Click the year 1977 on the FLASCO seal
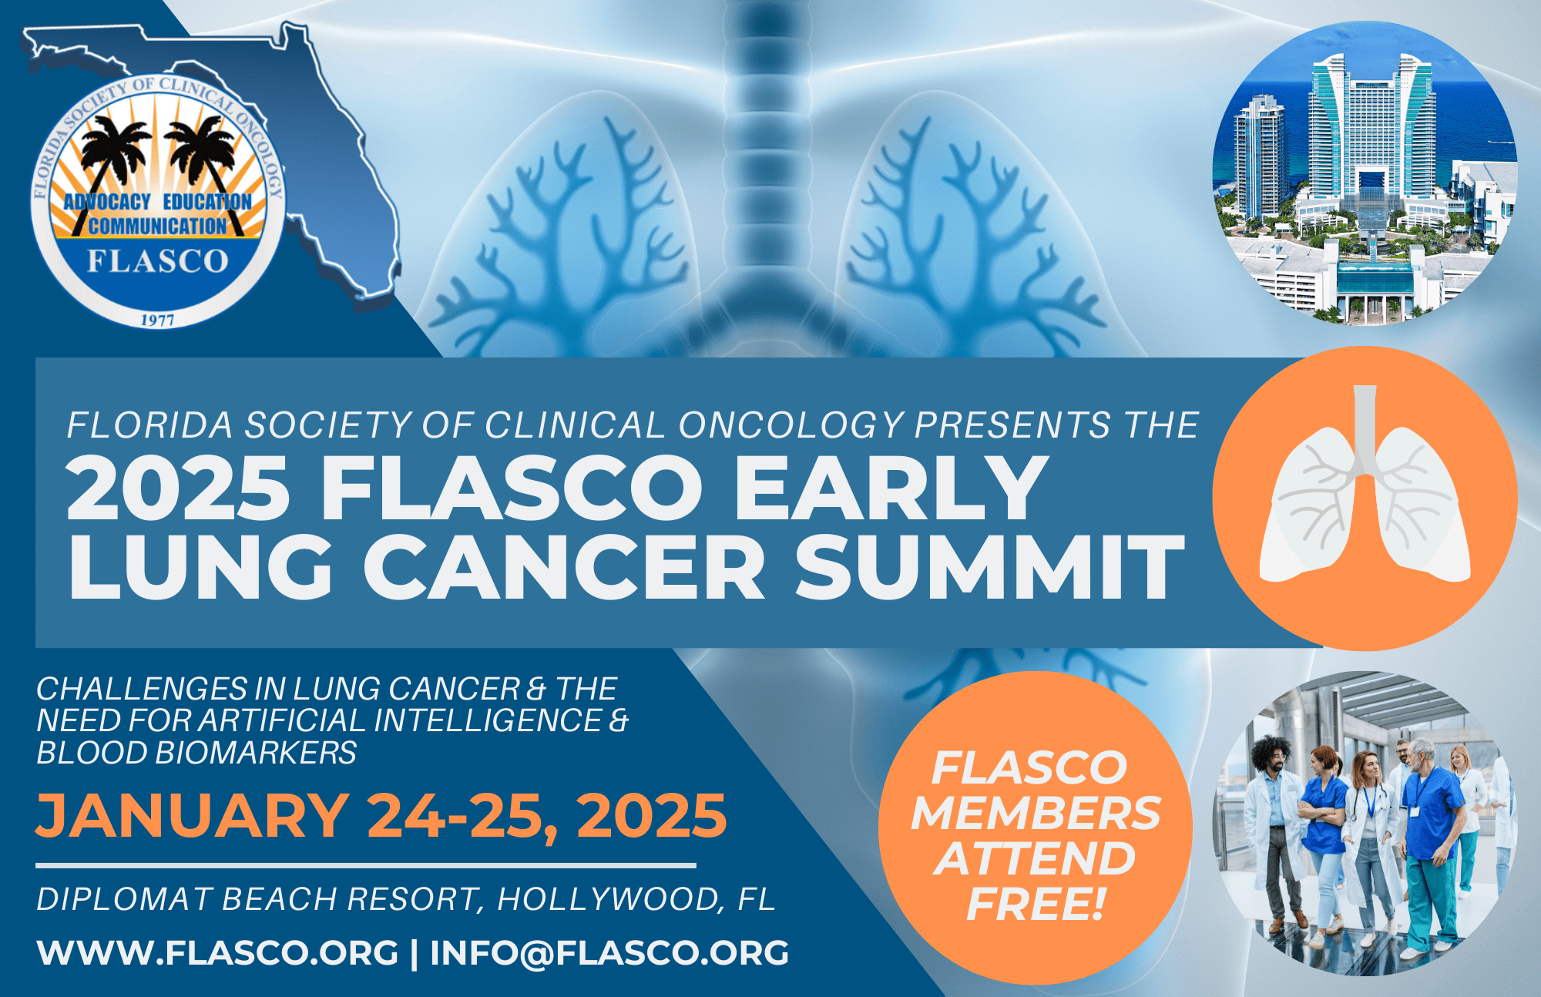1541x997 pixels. pyautogui.click(x=157, y=320)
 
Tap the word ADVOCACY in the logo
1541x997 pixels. pyautogui.click(x=107, y=202)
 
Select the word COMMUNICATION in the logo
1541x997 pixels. pyautogui.click(x=158, y=226)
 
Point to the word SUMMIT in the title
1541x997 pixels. pyautogui.click(x=989, y=567)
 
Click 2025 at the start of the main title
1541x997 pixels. pyautogui.click(x=178, y=488)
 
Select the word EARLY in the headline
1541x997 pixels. pyautogui.click(x=890, y=488)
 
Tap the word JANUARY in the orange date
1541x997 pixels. pyautogui.click(x=192, y=815)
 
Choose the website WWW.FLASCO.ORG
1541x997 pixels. pyautogui.click(x=217, y=953)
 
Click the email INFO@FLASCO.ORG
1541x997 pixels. pyautogui.click(x=609, y=953)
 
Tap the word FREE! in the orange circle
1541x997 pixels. pyautogui.click(x=1036, y=904)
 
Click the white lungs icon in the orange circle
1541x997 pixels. pyautogui.click(x=1365, y=493)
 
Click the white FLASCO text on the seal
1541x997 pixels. pyautogui.click(x=158, y=261)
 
